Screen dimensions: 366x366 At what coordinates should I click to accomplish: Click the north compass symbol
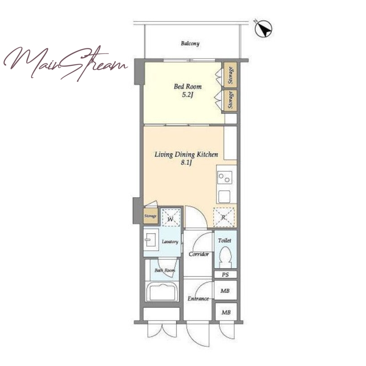[x=264, y=29]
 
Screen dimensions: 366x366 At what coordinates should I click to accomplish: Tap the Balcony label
[x=190, y=43]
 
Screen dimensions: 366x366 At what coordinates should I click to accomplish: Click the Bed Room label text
[x=188, y=86]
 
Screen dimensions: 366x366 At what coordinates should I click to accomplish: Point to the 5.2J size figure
[x=188, y=95]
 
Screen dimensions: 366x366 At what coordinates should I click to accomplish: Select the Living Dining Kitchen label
[x=186, y=155]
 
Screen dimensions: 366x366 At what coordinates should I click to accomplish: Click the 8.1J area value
[x=186, y=163]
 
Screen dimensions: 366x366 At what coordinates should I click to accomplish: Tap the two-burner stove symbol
[x=225, y=178]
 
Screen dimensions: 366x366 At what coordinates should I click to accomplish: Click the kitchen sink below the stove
[x=224, y=197]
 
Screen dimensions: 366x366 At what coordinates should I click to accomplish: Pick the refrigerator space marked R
[x=224, y=217]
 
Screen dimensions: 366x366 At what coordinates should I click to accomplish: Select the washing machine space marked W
[x=171, y=217]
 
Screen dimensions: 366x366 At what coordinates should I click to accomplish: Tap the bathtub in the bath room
[x=162, y=291]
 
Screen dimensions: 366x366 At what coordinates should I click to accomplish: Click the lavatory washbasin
[x=151, y=240]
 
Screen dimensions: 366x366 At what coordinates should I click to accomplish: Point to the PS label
[x=225, y=275]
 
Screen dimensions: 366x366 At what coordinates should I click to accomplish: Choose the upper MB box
[x=226, y=290]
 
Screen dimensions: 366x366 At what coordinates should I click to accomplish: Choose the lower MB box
[x=226, y=312]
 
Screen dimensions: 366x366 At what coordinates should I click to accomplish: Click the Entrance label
[x=198, y=299]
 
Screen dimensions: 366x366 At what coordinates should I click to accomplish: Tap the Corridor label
[x=199, y=254]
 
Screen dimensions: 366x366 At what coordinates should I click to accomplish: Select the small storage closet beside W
[x=151, y=215]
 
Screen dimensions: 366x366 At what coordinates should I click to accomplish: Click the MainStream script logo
[x=65, y=63]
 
